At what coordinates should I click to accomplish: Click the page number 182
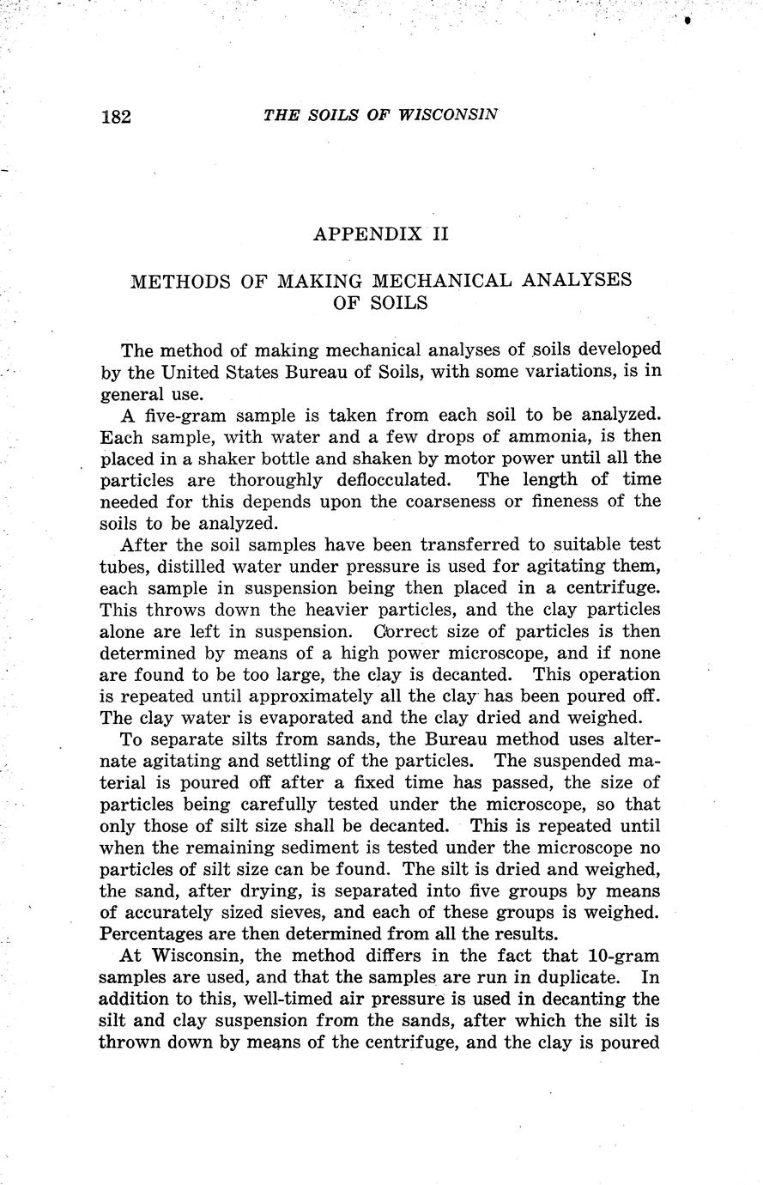click(x=116, y=117)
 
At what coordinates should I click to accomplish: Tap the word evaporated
click(x=293, y=718)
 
